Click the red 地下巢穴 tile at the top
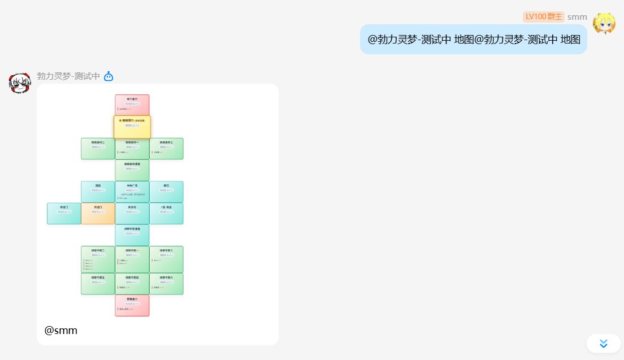[x=132, y=105]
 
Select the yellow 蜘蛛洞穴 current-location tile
[x=132, y=127]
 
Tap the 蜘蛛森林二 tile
[x=98, y=148]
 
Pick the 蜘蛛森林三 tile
[x=166, y=148]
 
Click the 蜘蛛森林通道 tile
[x=132, y=170]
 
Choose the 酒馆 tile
[x=98, y=192]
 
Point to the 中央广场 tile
[x=132, y=192]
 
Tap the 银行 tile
[x=166, y=192]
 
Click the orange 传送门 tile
[x=98, y=213]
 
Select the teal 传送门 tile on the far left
[x=64, y=213]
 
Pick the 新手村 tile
[x=132, y=213]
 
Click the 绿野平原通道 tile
[x=132, y=235]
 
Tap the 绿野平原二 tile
[x=98, y=259]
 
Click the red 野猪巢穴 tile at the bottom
[x=132, y=305]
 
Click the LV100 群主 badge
[x=543, y=16]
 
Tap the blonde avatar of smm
[x=604, y=23]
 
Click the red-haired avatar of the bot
[x=20, y=83]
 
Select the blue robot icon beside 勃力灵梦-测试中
[x=109, y=76]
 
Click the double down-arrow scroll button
[x=603, y=344]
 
